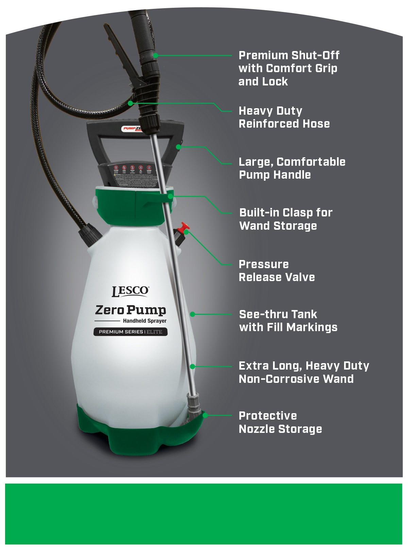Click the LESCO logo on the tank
[130, 291]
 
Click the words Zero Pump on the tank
[131, 310]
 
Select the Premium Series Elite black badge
[131, 332]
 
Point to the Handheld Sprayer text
[144, 321]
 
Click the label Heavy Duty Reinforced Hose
[284, 117]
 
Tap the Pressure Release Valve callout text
[276, 271]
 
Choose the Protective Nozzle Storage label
[280, 422]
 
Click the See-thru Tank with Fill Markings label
[288, 321]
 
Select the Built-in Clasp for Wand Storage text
[286, 219]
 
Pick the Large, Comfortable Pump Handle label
[292, 168]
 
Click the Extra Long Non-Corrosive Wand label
[304, 372]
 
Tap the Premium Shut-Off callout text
[289, 68]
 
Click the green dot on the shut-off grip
[155, 55]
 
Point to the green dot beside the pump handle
[178, 147]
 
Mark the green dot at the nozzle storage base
[205, 415]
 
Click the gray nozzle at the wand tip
[194, 405]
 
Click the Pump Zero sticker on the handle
[132, 129]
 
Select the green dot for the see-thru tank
[192, 314]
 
